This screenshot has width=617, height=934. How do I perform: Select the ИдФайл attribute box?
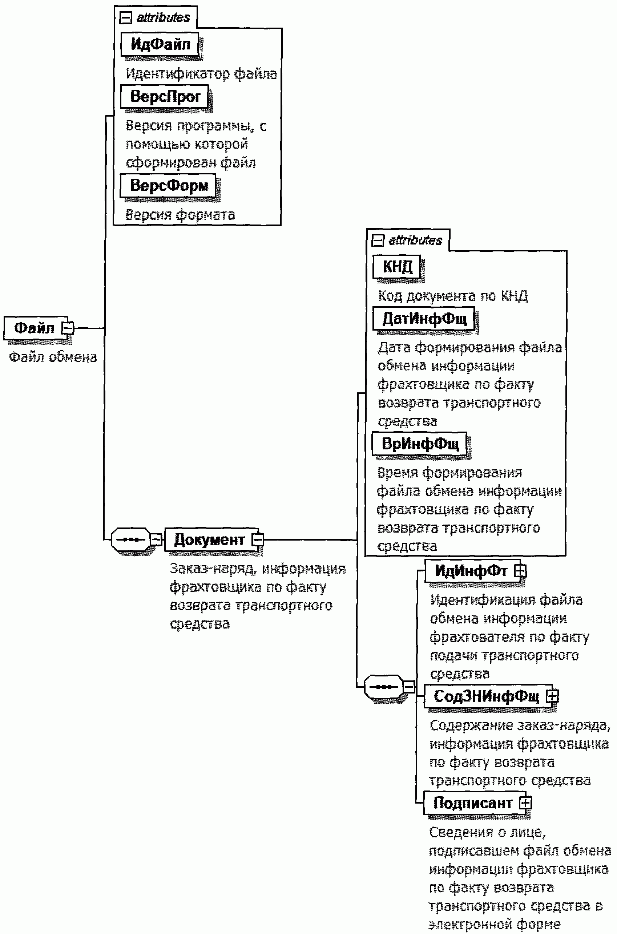pos(160,44)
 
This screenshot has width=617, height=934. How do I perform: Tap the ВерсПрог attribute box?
pos(165,96)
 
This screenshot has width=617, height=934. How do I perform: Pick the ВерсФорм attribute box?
pos(168,185)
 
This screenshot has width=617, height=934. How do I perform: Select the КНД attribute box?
pos(397,266)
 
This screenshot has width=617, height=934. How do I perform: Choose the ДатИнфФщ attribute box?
pos(424,318)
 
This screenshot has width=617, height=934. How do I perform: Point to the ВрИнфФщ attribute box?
pos(419,444)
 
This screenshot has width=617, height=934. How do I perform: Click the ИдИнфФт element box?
pos(470,571)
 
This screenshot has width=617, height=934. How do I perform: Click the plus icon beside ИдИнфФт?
pos(520,571)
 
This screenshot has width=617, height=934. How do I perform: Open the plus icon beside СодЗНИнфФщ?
pos(552,696)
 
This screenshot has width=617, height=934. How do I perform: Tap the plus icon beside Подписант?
pos(525,803)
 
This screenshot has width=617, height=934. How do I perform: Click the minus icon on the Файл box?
pos(68,328)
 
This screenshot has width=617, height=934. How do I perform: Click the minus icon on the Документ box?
pos(258,539)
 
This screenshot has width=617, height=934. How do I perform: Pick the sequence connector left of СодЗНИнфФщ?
pos(384,687)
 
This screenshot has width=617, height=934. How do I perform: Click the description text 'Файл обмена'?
pos(53,357)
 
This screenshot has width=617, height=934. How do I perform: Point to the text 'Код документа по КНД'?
pos(452,296)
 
